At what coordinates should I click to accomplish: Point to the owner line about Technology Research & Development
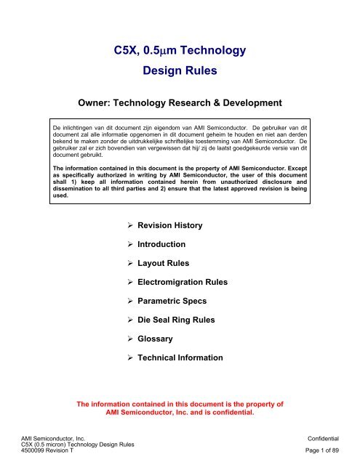[180, 105]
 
